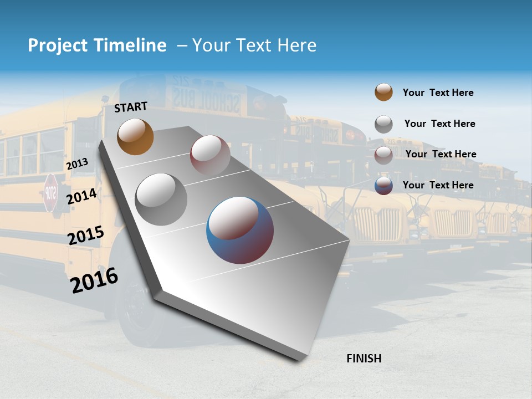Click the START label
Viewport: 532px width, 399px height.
click(131, 107)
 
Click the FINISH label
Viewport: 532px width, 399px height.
click(364, 359)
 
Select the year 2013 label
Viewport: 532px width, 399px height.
click(77, 164)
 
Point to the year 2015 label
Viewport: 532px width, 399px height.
click(85, 236)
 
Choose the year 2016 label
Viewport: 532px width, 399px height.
click(94, 280)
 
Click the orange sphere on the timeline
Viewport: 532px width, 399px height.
click(135, 136)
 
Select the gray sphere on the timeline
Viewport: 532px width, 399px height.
click(161, 199)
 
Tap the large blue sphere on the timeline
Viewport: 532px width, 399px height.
click(240, 230)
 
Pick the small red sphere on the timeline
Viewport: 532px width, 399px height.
click(209, 155)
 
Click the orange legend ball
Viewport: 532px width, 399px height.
click(383, 92)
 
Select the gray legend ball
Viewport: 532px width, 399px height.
click(383, 124)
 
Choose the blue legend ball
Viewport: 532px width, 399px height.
click(383, 186)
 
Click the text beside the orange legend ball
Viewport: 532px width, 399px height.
click(438, 93)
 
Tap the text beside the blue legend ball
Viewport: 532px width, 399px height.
click(438, 185)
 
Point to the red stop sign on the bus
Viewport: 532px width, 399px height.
click(50, 192)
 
